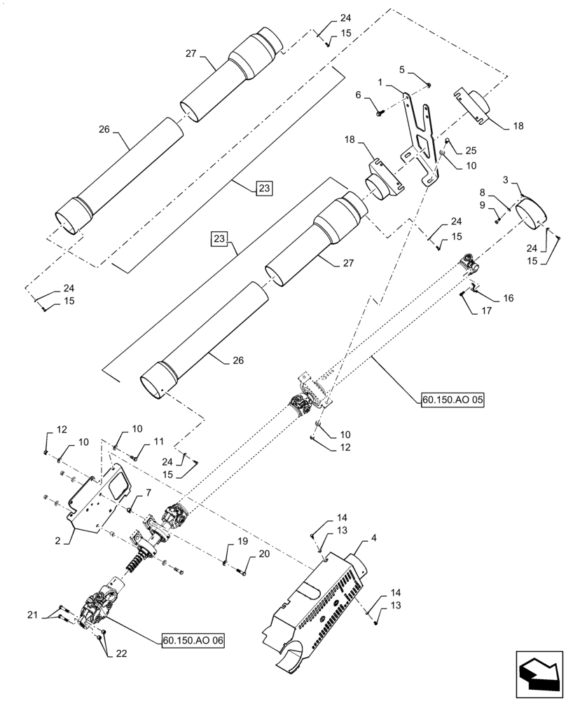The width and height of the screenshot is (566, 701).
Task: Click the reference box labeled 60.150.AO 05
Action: [453, 400]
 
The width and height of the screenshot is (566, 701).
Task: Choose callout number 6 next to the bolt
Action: [358, 95]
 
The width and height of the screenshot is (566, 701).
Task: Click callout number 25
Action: [470, 151]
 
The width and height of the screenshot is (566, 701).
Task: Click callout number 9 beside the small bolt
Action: [481, 205]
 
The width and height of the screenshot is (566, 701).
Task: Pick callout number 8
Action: [481, 191]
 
